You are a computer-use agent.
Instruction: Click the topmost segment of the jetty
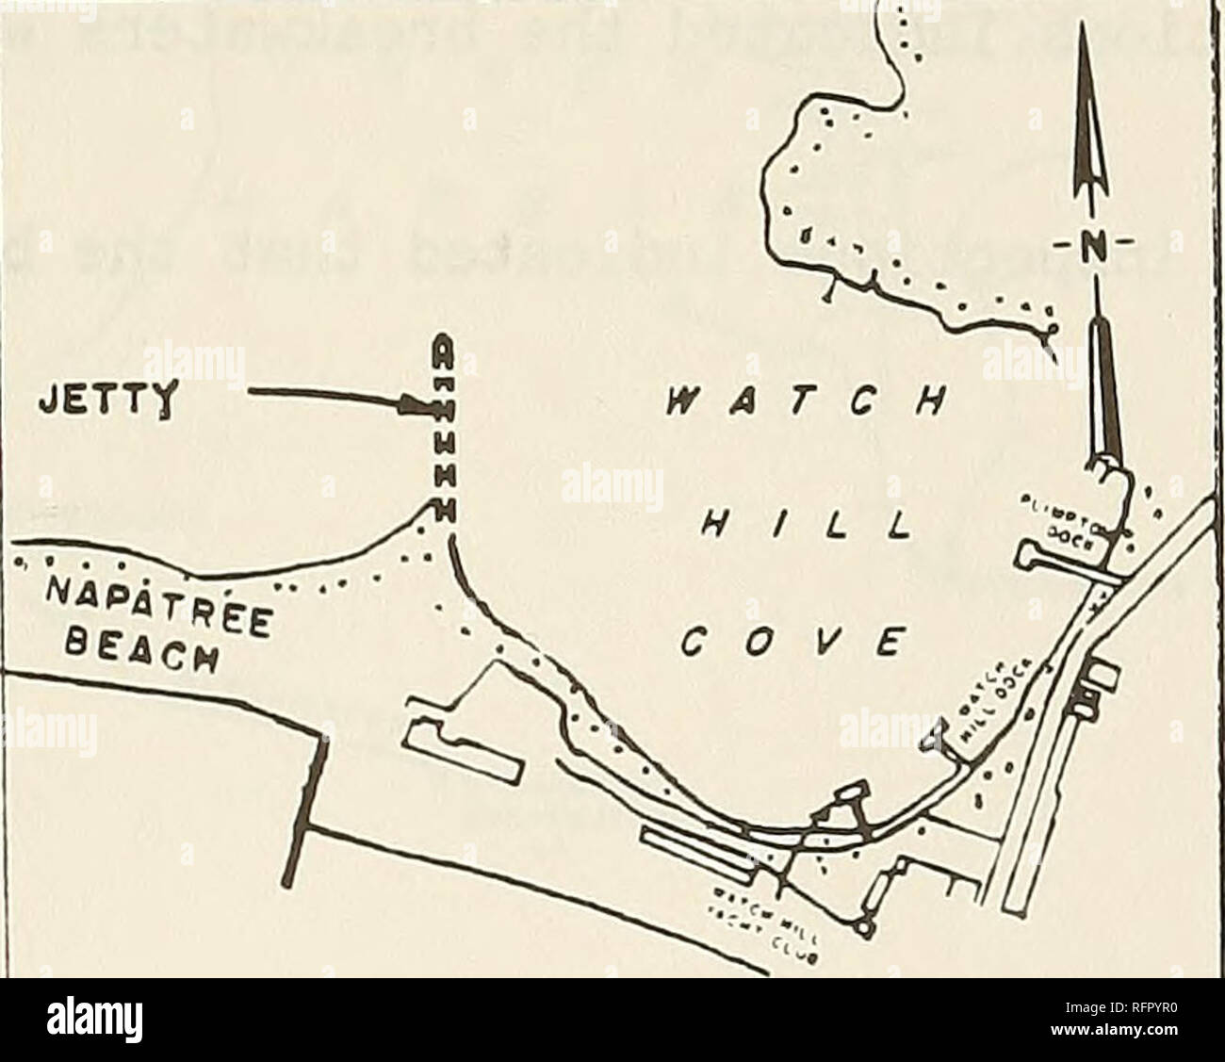coord(440,355)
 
